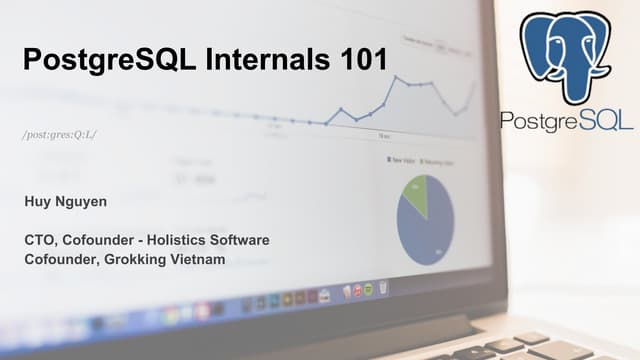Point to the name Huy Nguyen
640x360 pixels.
[x=66, y=202]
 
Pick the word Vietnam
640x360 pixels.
[x=196, y=260]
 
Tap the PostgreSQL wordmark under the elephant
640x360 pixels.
[x=567, y=121]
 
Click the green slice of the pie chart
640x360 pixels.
[x=416, y=193]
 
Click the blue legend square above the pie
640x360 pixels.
[x=389, y=160]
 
